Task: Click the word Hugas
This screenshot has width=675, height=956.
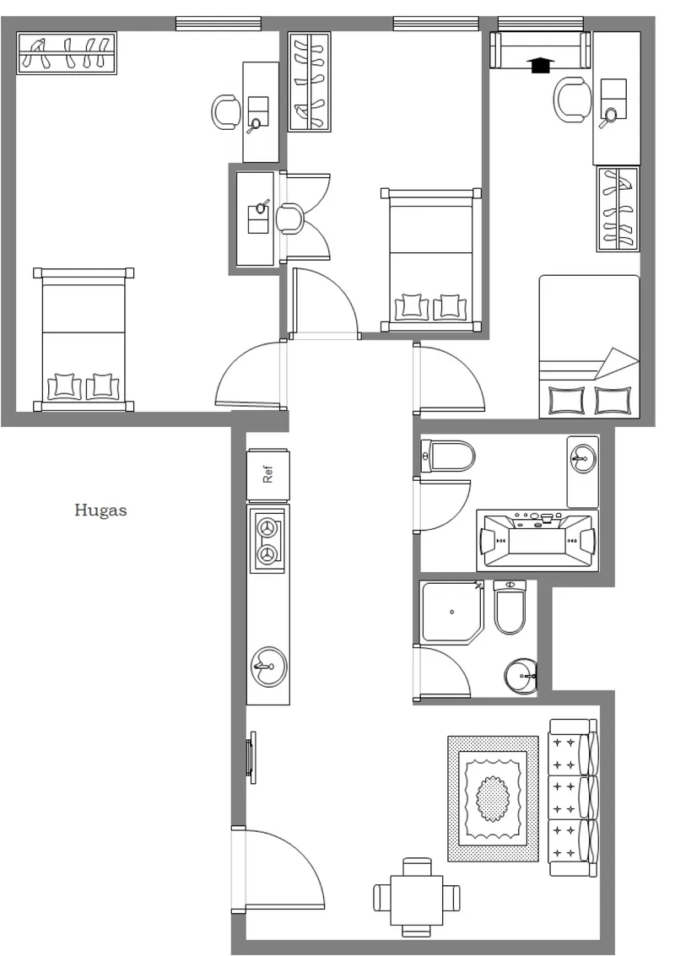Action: [100, 510]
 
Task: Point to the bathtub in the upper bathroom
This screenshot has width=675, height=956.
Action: [537, 540]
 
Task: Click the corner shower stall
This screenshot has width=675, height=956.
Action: [452, 612]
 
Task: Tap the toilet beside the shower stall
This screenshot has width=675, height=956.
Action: [510, 607]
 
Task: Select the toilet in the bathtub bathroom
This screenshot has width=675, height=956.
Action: [447, 456]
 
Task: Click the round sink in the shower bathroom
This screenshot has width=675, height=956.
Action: [521, 676]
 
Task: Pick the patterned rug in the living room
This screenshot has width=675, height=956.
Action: [494, 799]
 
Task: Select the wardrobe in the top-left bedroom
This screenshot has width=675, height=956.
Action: [67, 53]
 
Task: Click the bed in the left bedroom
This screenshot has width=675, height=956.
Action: [84, 339]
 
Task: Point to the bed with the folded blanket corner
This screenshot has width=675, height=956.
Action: [590, 347]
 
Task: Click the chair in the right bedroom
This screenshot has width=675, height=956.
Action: [573, 100]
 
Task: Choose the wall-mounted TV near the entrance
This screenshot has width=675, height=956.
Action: [251, 757]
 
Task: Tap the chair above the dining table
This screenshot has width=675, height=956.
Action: [417, 867]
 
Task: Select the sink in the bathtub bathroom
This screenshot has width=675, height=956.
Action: [582, 472]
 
